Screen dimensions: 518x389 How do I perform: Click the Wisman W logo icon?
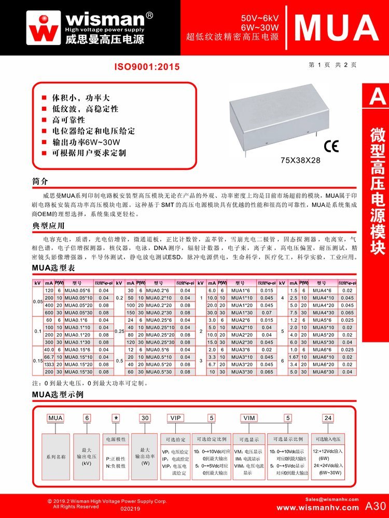pos(44,27)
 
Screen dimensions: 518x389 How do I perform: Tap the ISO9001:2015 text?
pos(147,67)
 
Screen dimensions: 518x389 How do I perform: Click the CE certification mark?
pos(331,146)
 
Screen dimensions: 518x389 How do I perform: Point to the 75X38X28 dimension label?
pos(300,160)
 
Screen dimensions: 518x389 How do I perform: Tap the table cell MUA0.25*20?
pos(160,335)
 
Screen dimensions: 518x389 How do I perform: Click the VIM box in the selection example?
pos(248,418)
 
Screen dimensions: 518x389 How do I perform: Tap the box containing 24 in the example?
pos(328,418)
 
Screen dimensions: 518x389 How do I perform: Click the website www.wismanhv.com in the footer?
pos(317,507)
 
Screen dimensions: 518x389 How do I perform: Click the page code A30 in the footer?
pos(376,506)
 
